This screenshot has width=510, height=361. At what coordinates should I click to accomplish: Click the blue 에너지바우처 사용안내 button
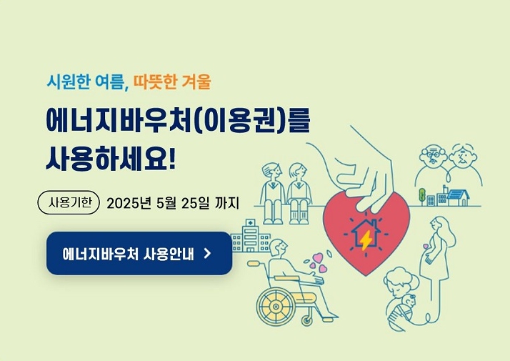coord(139,253)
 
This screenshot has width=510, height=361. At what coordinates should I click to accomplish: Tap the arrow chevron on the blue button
coord(207,253)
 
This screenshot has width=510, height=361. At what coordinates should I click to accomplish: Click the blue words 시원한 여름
coord(85,81)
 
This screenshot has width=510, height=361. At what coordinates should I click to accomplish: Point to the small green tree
coord(422,194)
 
